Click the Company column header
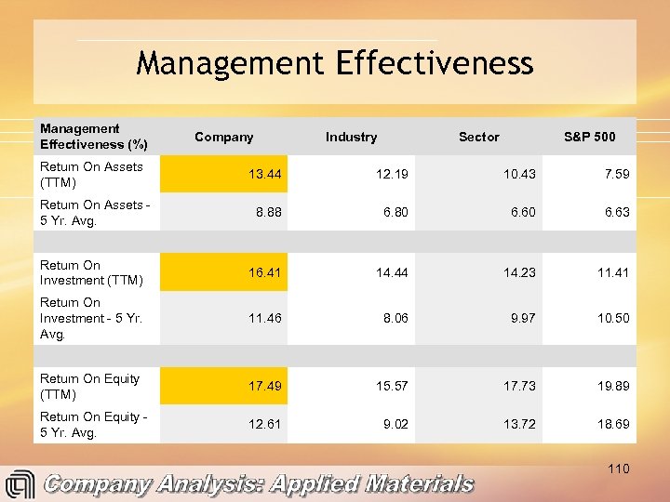[223, 137]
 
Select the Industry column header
[351, 137]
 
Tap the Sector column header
[478, 137]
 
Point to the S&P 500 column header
[589, 137]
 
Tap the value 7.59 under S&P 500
[616, 174]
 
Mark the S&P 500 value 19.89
[612, 386]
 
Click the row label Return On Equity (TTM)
[89, 386]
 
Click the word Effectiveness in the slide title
[429, 63]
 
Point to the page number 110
[618, 469]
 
